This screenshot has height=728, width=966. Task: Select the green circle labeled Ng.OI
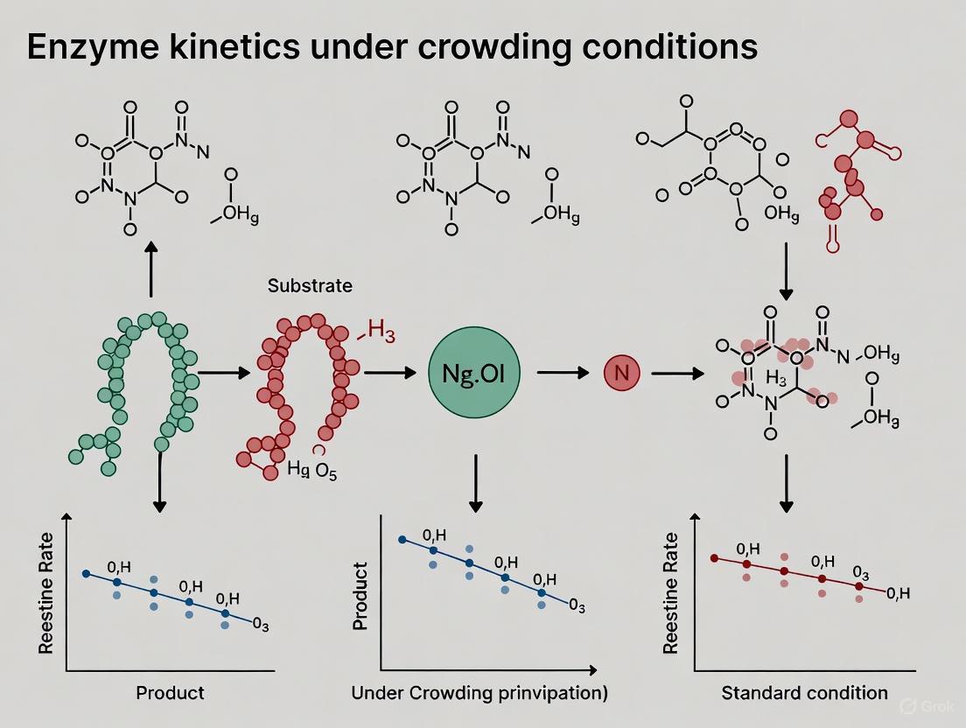[473, 374]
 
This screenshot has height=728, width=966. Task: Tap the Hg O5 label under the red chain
[311, 470]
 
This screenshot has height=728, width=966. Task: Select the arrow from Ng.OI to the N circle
[563, 374]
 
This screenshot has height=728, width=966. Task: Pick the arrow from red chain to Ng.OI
[389, 374]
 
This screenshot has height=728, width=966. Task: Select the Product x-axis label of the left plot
[170, 693]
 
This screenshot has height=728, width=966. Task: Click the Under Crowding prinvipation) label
[479, 693]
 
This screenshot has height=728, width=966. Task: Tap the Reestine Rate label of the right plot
[671, 593]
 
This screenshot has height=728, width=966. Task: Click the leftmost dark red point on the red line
[714, 557]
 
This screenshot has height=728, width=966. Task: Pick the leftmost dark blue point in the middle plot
[402, 540]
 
